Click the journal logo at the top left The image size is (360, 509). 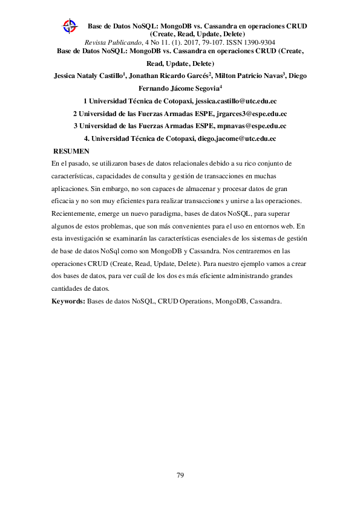click(x=71, y=26)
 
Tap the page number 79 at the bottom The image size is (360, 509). click(x=180, y=475)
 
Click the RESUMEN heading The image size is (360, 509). click(x=71, y=151)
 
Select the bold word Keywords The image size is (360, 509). click(x=68, y=300)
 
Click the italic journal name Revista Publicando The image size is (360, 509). click(x=113, y=42)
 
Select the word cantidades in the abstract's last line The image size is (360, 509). click(x=67, y=288)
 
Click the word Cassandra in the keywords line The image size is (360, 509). click(x=265, y=300)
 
